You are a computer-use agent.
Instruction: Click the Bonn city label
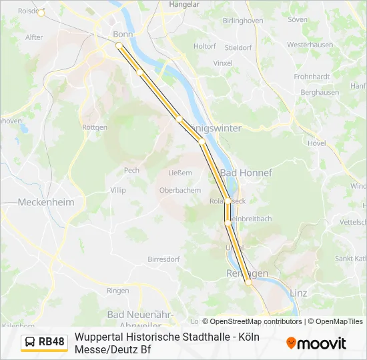tap(123, 34)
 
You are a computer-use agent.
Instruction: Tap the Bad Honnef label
tap(246, 173)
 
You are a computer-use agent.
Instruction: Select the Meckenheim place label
tap(46, 202)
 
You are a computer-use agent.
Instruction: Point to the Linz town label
tap(299, 292)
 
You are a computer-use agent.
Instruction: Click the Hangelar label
tap(184, 4)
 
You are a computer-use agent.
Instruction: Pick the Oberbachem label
tap(179, 190)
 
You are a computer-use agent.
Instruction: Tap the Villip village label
tap(117, 190)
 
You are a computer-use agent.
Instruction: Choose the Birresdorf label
tap(163, 259)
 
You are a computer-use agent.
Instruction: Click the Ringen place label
tap(117, 291)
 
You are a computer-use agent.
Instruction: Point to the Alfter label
tap(34, 38)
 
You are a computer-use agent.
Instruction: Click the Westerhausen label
tap(310, 45)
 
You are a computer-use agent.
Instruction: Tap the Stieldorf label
tap(238, 48)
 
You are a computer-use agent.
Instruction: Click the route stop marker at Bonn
tap(119, 45)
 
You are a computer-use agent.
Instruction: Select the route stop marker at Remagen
tap(248, 282)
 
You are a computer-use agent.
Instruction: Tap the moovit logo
tap(316, 343)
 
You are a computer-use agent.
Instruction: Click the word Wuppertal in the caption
tap(100, 337)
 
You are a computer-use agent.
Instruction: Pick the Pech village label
tap(131, 171)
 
